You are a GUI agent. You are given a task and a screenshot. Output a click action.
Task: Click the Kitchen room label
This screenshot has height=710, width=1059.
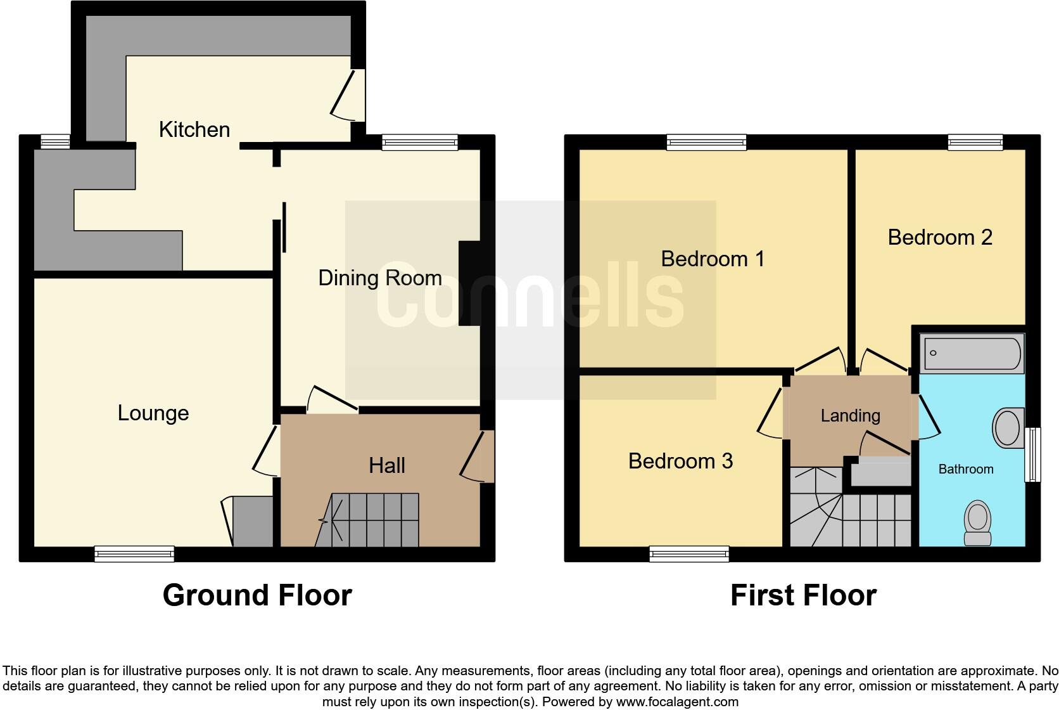coord(194,129)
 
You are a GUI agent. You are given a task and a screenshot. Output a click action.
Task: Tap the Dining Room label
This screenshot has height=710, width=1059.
coord(379,278)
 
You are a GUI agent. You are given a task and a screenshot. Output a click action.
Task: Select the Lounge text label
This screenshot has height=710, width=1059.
coord(153,413)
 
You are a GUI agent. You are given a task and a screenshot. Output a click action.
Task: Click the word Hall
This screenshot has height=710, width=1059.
coord(386,465)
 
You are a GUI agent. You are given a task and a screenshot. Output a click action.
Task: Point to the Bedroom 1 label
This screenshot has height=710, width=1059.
coord(713,259)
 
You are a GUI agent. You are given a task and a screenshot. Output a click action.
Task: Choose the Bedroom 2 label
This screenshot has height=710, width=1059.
coord(939,237)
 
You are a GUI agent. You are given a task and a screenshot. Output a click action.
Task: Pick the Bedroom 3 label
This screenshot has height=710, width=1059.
coord(680,461)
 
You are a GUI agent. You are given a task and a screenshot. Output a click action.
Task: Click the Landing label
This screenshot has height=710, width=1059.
coord(850,416)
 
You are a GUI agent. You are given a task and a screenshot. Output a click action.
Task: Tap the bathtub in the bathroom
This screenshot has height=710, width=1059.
coord(973,353)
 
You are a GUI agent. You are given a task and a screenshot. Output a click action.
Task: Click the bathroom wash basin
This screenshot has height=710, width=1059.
coord(1007,427)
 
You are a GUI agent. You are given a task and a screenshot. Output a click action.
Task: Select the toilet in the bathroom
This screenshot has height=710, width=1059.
coord(977,522)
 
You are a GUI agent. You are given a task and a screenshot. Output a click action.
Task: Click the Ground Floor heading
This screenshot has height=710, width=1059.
coord(257,595)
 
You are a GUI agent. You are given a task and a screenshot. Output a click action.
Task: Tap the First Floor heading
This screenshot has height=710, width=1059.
coord(803,595)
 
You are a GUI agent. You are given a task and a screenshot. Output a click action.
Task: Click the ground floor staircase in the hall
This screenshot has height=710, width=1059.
coord(374,520)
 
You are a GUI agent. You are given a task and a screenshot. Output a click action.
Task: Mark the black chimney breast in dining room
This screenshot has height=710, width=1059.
coord(469,283)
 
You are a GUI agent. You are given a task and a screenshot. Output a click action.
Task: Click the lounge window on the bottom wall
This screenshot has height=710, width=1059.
coord(134,553)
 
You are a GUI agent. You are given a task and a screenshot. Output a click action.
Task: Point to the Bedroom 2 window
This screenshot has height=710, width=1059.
coord(975,142)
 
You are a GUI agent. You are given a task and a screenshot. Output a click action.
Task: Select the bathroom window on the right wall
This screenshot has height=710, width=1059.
coord(1032,454)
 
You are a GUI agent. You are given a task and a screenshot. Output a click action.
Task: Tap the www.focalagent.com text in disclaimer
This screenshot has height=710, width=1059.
coord(676,702)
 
